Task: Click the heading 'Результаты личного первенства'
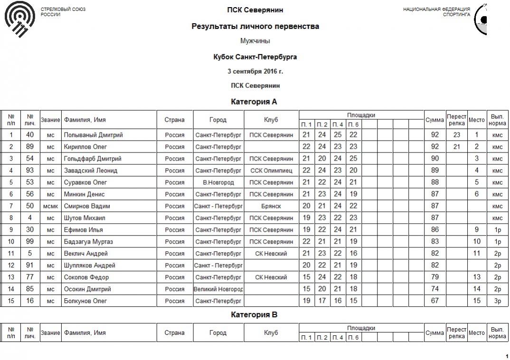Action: click(255, 27)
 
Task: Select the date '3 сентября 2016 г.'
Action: click(255, 71)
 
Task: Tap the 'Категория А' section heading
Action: click(254, 102)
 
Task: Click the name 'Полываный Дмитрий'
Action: click(94, 135)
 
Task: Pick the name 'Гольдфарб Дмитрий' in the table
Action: click(93, 159)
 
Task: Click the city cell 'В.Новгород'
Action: click(218, 182)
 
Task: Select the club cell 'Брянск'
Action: click(271, 206)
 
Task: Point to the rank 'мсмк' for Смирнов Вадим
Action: click(50, 206)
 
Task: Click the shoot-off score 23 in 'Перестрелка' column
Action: click(456, 135)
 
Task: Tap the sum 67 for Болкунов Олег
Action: click(434, 301)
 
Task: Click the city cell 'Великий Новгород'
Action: click(218, 289)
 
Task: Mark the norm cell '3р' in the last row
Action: click(497, 301)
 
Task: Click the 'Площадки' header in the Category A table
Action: click(361, 115)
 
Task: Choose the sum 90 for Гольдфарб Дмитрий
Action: click(434, 159)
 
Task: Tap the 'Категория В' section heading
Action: click(254, 314)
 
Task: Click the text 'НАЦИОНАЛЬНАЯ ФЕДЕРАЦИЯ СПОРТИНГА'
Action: click(436, 12)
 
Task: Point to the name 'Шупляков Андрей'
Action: click(90, 265)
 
